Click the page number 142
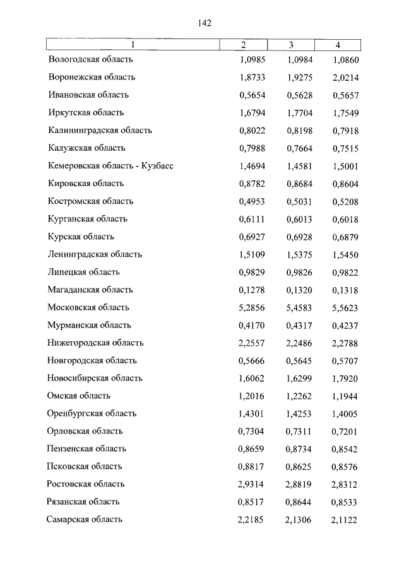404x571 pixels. [204, 23]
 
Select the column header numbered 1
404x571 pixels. [133, 45]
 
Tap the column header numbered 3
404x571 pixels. [291, 45]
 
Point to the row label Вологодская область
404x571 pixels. [91, 59]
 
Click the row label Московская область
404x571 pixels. [88, 307]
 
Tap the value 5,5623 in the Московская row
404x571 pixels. [344, 307]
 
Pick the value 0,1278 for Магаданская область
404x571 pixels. [252, 290]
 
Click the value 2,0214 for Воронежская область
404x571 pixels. [344, 77]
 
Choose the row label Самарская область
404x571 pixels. [85, 519]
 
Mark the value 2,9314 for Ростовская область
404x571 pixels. [252, 484]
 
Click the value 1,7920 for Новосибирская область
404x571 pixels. [344, 378]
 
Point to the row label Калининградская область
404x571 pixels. [100, 130]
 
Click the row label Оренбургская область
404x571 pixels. [92, 413]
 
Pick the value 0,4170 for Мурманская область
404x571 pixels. [252, 325]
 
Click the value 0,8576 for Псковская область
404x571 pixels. [344, 466]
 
